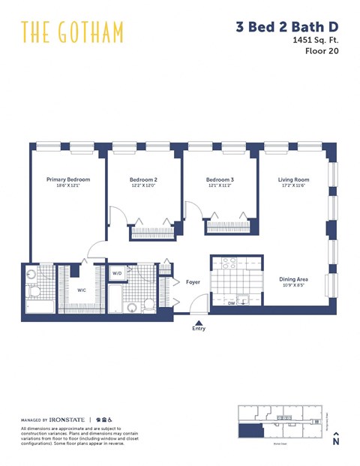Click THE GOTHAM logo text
(72, 32)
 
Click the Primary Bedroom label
(67, 179)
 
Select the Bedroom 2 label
(143, 180)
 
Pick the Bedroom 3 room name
(220, 180)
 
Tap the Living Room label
(293, 180)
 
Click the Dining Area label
(294, 279)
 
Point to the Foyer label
(193, 282)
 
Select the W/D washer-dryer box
(117, 274)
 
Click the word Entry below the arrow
(198, 328)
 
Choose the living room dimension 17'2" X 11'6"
(293, 186)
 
